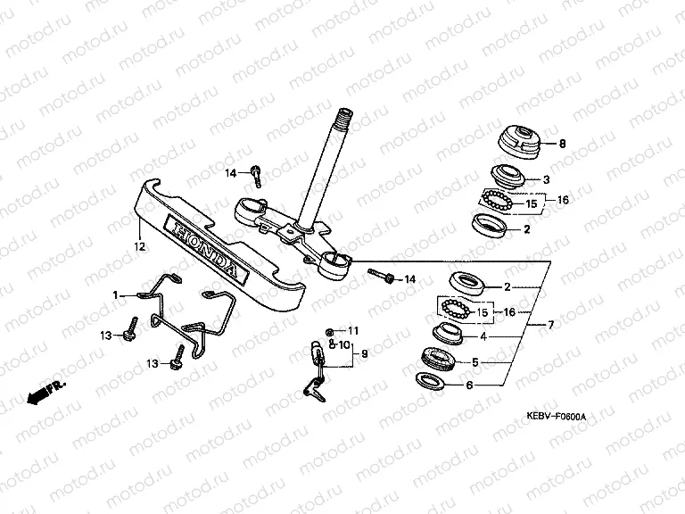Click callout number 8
point(562,144)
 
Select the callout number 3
point(546,179)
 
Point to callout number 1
point(115,294)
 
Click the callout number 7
point(550,325)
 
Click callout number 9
point(363,354)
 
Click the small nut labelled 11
point(330,331)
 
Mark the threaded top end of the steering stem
point(343,119)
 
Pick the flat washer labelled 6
point(439,383)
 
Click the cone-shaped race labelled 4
point(448,335)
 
